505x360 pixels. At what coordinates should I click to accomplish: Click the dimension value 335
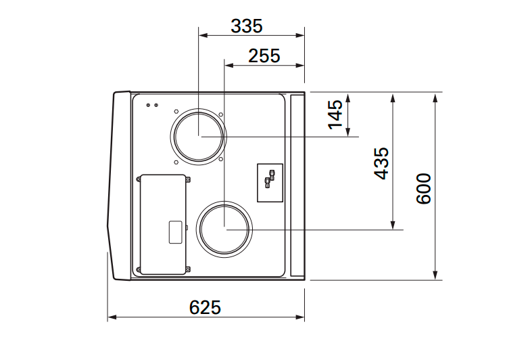tap(247, 26)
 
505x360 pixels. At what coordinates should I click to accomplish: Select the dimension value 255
tap(264, 56)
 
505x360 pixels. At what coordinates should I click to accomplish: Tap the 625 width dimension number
tap(205, 307)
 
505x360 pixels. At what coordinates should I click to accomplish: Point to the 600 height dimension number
tap(423, 189)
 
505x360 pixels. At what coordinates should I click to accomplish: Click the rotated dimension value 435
tap(381, 163)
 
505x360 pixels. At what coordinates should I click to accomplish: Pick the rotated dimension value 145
tap(335, 114)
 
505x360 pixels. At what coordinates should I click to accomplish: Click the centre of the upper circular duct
tap(198, 137)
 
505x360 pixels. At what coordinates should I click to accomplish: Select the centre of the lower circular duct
tap(224, 229)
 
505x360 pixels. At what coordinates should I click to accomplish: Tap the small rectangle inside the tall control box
tap(176, 232)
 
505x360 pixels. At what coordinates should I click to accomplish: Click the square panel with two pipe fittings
tap(270, 183)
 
